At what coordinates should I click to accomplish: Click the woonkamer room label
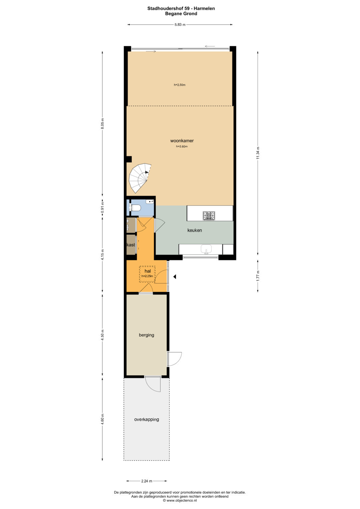[182, 141]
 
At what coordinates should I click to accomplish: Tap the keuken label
[195, 230]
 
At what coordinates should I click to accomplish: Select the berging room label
[146, 335]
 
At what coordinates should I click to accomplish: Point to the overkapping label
[147, 419]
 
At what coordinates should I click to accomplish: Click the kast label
[131, 245]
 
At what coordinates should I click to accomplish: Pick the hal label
[148, 271]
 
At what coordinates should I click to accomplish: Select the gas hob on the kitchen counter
[209, 215]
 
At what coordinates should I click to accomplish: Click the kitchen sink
[206, 249]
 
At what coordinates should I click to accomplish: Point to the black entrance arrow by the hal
[175, 277]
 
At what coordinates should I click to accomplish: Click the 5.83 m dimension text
[180, 25]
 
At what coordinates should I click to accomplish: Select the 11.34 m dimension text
[258, 153]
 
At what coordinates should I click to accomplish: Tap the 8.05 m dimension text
[102, 124]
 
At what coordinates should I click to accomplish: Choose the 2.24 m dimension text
[147, 481]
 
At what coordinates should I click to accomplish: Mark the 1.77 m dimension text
[258, 276]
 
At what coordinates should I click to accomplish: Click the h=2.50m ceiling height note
[180, 85]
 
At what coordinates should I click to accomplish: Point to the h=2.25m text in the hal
[147, 276]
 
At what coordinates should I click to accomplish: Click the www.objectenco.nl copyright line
[180, 500]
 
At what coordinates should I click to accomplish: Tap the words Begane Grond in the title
[181, 14]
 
